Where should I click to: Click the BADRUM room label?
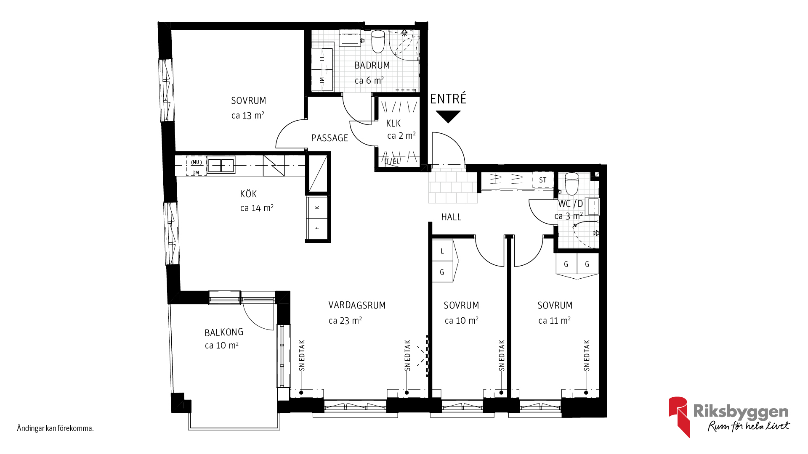[372, 66]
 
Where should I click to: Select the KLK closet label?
[393, 123]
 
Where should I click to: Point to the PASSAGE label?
[330, 138]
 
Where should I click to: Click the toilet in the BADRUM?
[378, 41]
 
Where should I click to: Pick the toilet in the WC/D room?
[571, 183]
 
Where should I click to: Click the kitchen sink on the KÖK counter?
[221, 165]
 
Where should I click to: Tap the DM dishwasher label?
[196, 173]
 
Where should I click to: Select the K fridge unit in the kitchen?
[317, 207]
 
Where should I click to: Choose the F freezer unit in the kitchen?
[317, 228]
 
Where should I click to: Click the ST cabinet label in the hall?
[543, 180]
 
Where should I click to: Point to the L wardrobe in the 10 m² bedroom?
[443, 251]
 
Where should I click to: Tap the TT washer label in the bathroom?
[322, 59]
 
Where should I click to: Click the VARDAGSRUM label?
[357, 305]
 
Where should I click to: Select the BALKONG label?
[224, 333]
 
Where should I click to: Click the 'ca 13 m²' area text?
[248, 115]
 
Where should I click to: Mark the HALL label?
[451, 217]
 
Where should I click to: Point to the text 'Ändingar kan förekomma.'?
[55, 428]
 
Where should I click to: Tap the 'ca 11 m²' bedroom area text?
[555, 320]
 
